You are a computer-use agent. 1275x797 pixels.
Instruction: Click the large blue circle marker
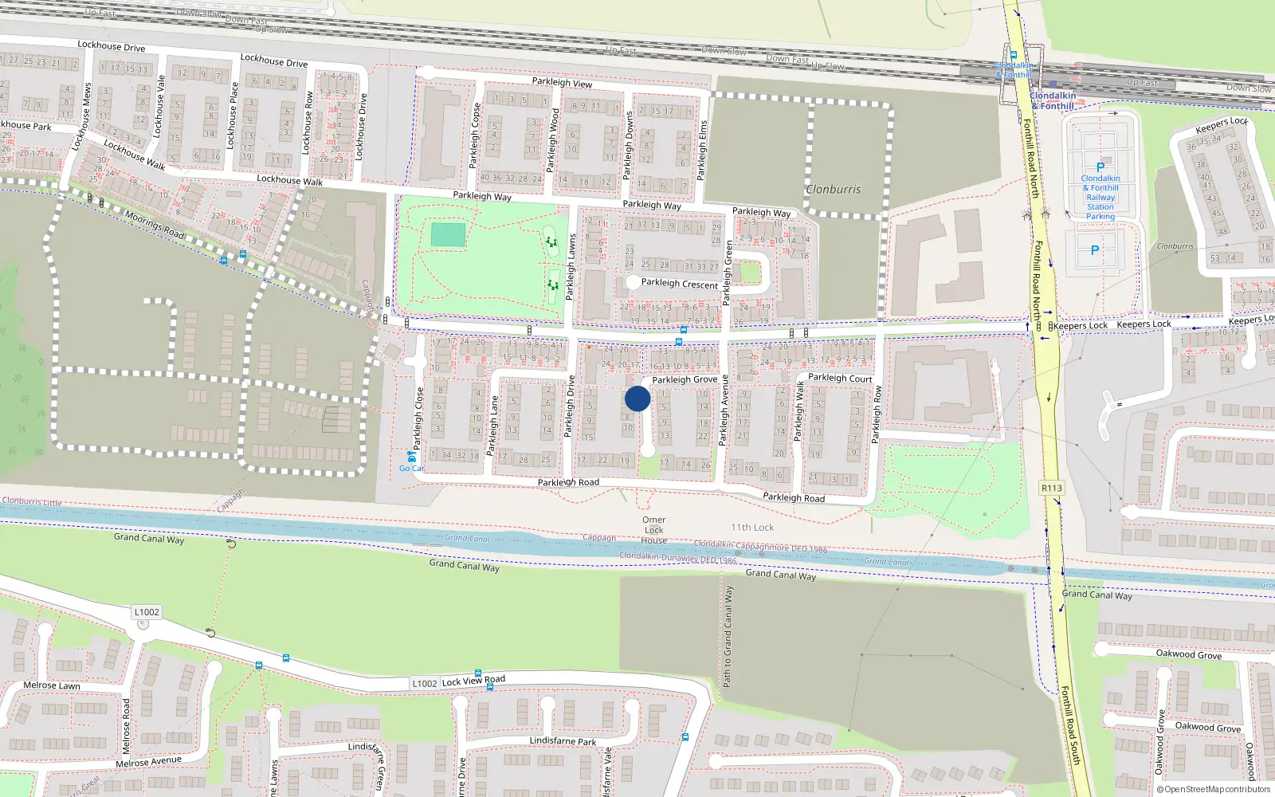tap(637, 398)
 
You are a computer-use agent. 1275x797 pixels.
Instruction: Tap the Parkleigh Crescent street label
tap(680, 284)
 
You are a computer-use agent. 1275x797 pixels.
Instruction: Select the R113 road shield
tap(1052, 488)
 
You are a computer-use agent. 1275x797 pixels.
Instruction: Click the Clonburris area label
tap(833, 190)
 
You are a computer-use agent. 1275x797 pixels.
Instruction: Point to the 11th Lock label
tap(752, 528)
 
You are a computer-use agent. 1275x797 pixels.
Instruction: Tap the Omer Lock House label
tap(654, 530)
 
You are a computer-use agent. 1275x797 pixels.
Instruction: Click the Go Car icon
tap(411, 457)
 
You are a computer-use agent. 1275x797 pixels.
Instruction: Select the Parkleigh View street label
tap(562, 82)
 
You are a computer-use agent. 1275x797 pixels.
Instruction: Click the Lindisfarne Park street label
tap(563, 741)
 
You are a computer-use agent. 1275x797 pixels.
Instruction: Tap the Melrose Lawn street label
tap(52, 685)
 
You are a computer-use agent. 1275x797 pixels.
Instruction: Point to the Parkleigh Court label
tap(840, 378)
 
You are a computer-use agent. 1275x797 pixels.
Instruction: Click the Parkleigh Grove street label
tap(685, 379)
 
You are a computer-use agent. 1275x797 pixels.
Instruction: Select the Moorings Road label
tap(155, 226)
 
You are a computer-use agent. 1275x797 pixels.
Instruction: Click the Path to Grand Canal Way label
tap(728, 637)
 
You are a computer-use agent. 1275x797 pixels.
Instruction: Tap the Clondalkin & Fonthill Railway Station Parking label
tap(1100, 197)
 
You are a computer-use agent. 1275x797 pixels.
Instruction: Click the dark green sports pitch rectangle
tap(448, 235)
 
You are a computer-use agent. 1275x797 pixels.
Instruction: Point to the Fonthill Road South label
tap(1070, 725)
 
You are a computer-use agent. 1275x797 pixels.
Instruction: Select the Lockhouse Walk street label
tap(290, 180)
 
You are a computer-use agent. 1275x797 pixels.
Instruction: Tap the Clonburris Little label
tap(32, 502)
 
